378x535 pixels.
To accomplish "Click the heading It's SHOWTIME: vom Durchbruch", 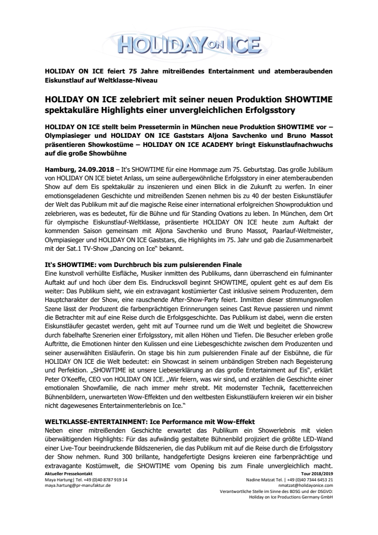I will tap(143, 265).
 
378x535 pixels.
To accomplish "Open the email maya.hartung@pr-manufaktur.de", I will tap(78, 485).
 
